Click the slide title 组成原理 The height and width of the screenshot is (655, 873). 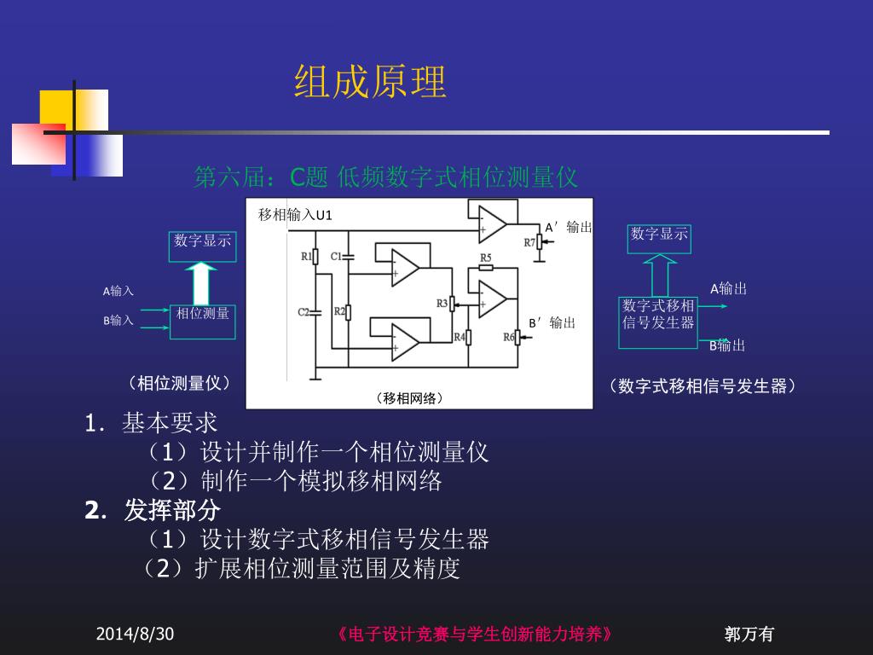(370, 83)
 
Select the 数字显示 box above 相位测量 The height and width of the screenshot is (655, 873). (202, 241)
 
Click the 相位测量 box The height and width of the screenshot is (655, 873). (202, 321)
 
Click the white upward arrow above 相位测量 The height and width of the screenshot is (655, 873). (201, 282)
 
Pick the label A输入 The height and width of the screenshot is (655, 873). (119, 292)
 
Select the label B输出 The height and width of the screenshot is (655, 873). (727, 345)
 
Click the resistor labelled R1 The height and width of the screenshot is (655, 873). (315, 256)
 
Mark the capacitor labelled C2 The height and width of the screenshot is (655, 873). (315, 312)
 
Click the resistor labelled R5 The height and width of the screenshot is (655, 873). (486, 267)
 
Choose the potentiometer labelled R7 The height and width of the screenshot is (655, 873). (538, 242)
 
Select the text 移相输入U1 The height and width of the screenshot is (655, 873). (295, 215)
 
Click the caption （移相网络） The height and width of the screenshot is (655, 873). (409, 398)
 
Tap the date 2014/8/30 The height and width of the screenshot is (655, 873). (135, 634)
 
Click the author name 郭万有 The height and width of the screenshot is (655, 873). (749, 634)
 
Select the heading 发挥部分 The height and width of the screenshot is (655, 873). (172, 511)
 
